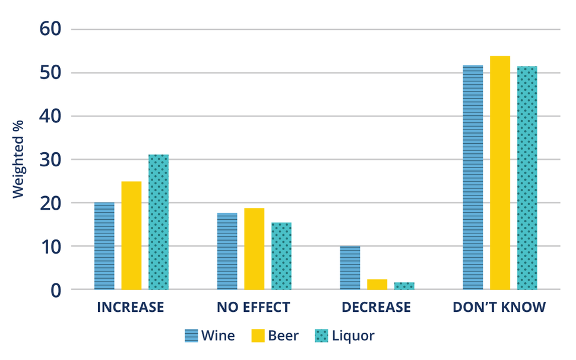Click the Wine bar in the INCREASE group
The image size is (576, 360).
(105, 246)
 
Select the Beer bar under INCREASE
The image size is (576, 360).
(131, 235)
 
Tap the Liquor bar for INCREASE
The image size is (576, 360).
(159, 222)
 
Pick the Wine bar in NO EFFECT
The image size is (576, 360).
(227, 251)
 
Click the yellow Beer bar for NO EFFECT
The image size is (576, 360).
(254, 249)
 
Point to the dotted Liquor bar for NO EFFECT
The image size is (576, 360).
(281, 256)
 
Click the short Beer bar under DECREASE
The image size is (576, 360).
(377, 285)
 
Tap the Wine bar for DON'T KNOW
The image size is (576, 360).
(473, 178)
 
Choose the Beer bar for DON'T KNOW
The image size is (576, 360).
(500, 173)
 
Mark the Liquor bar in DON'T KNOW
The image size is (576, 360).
(527, 178)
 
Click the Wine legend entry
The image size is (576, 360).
(210, 336)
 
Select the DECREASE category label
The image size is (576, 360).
(376, 308)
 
